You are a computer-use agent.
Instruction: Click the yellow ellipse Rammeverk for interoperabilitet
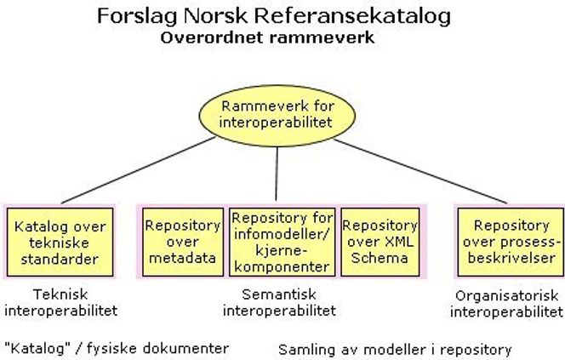[277, 116]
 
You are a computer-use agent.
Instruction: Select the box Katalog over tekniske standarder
[60, 243]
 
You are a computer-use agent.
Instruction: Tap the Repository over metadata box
[183, 243]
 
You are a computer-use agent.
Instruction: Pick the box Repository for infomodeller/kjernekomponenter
[282, 243]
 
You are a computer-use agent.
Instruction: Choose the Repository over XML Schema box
[380, 243]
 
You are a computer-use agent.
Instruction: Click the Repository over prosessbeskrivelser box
[511, 243]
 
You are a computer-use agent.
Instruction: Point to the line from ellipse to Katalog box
[139, 170]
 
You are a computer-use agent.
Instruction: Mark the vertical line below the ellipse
[277, 174]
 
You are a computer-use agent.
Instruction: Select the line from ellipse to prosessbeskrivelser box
[420, 171]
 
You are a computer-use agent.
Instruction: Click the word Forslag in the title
[137, 16]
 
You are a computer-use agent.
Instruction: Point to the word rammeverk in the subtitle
[322, 37]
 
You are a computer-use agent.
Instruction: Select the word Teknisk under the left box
[60, 294]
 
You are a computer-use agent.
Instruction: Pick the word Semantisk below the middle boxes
[279, 294]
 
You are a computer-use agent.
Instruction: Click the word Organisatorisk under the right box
[506, 296]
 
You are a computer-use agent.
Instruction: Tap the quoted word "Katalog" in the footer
[37, 348]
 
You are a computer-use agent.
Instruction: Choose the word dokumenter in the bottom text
[185, 348]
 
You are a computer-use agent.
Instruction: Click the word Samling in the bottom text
[302, 350]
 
